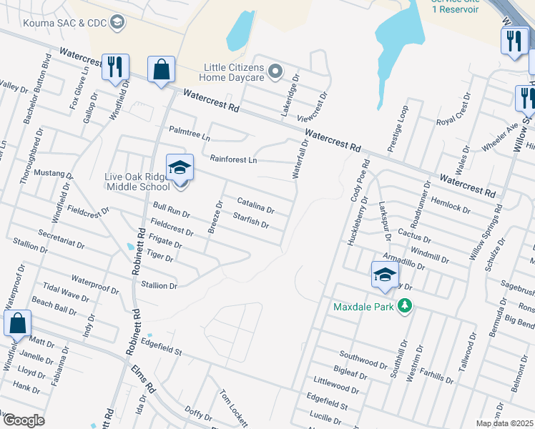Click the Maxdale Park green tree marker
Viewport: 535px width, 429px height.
tap(405, 307)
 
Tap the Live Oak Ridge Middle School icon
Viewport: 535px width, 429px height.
tap(180, 169)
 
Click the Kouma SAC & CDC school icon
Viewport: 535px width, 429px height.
tap(117, 23)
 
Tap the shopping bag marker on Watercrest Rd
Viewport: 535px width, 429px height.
tap(162, 70)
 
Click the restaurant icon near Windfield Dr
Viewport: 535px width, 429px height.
tap(115, 66)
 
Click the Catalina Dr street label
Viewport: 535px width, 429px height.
tap(255, 206)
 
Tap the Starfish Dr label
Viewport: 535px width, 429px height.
tap(250, 220)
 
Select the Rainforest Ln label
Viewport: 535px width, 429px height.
tap(232, 159)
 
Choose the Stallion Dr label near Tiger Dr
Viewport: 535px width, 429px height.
tap(159, 285)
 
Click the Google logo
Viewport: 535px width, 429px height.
tap(23, 420)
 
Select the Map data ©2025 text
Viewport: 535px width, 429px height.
tap(504, 423)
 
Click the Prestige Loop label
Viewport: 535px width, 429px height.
tap(398, 129)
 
